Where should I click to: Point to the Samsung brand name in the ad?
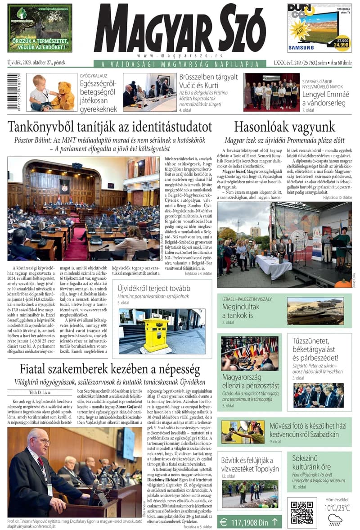tap(301, 47)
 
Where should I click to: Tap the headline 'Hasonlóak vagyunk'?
tap(284, 126)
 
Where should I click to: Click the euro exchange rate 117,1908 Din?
tap(249, 522)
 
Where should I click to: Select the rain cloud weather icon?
tap(335, 520)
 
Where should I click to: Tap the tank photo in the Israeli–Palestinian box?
tap(315, 311)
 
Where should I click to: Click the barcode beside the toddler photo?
tap(17, 92)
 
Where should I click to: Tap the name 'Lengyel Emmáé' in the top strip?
tap(325, 95)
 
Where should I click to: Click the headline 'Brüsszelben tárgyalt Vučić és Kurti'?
tap(208, 81)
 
